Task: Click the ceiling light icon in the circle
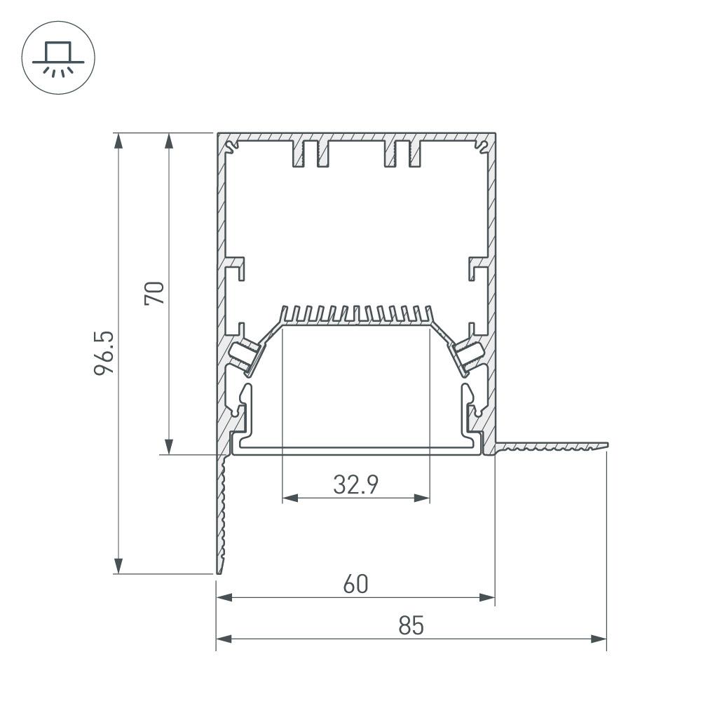tap(59, 59)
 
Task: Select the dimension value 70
tap(155, 292)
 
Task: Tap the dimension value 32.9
tap(355, 484)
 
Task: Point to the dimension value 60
tap(355, 583)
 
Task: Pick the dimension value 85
tap(411, 625)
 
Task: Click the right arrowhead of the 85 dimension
tap(599, 639)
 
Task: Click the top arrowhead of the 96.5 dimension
tap(119, 140)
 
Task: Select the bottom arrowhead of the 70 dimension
tap(168, 447)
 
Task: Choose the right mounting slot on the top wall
tap(403, 153)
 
